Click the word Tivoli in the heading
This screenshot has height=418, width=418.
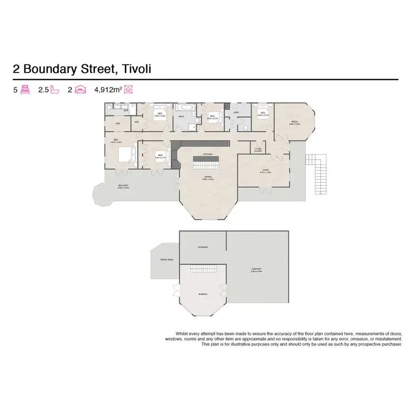click(x=134, y=70)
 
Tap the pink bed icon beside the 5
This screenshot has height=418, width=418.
click(x=25, y=89)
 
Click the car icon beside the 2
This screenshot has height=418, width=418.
click(x=81, y=89)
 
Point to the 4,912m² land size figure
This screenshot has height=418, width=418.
click(x=109, y=89)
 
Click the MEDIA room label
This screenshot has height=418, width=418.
click(x=295, y=123)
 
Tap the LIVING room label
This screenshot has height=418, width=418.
click(x=265, y=171)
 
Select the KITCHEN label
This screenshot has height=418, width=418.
click(x=207, y=154)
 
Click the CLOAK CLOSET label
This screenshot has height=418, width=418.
click(x=258, y=149)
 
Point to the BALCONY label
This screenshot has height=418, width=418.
click(x=123, y=186)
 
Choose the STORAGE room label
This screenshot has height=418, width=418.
click(x=202, y=247)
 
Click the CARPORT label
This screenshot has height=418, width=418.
click(x=257, y=270)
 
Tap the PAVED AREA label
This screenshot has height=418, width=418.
click(x=167, y=260)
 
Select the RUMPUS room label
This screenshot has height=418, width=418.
click(x=202, y=293)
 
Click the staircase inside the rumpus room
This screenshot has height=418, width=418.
click(x=202, y=269)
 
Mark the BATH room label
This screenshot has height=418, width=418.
click(x=182, y=116)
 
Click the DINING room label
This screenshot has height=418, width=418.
click(x=207, y=178)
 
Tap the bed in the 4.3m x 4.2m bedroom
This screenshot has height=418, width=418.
click(x=128, y=153)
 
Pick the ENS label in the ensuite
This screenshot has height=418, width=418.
click(x=126, y=110)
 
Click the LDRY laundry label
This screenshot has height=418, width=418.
click(x=236, y=112)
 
